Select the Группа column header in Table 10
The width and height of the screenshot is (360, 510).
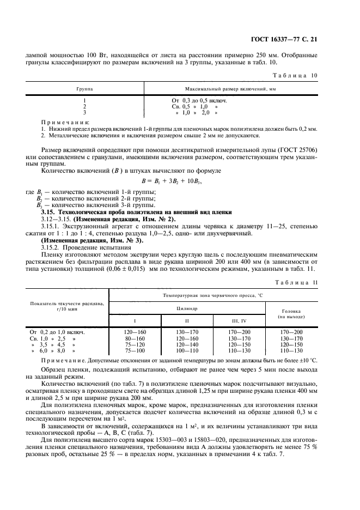click(x=84, y=87)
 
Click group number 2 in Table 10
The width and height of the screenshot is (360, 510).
click(x=84, y=106)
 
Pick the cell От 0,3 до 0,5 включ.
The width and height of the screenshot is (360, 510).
click(x=199, y=101)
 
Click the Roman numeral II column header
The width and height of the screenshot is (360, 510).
click(x=186, y=321)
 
